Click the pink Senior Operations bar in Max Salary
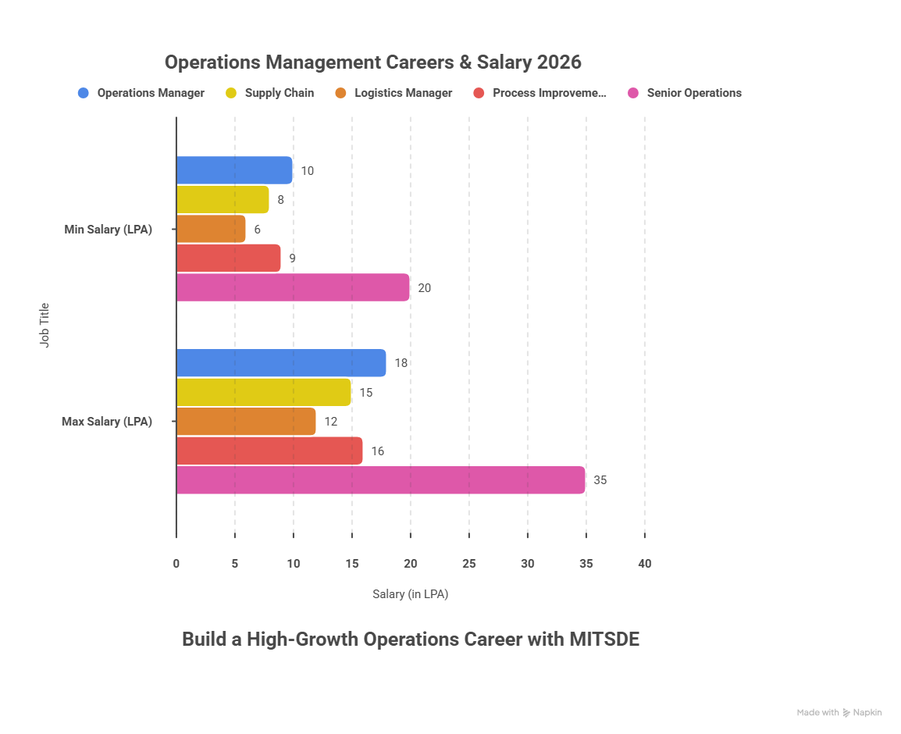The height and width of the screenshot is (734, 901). coord(380,480)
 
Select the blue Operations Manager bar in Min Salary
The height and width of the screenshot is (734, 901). coord(234,170)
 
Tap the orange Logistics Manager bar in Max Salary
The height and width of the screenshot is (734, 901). coord(246,422)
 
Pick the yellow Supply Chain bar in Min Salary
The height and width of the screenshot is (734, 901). coord(223,200)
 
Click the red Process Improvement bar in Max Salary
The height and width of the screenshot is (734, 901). coord(269,451)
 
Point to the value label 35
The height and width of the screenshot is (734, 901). coord(600,480)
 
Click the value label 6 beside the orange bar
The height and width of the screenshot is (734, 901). coord(258,230)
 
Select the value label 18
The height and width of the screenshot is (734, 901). coord(401,363)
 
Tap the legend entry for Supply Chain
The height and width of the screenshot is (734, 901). coord(279,93)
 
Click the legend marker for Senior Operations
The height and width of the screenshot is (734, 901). coord(633,93)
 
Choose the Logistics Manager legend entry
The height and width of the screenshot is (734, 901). coord(403,93)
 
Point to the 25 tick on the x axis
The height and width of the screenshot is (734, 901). coord(468,564)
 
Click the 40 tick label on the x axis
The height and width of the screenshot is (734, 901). coord(644,564)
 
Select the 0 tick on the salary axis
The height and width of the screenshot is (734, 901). coord(176,564)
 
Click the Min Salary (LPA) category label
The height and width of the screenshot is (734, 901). coord(108,230)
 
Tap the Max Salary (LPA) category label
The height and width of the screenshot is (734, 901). coord(107,422)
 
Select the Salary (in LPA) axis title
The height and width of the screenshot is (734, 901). coord(410,594)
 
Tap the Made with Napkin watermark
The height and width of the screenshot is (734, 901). coord(839,712)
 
